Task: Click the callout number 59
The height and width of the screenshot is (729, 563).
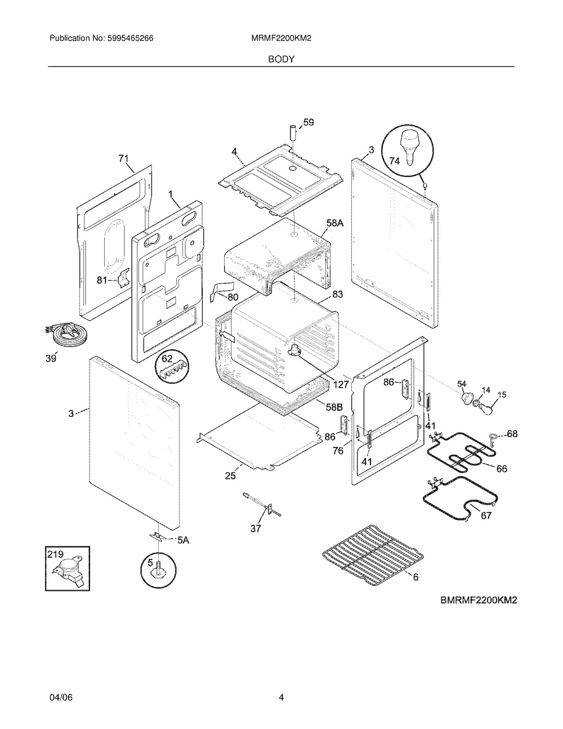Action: point(308,122)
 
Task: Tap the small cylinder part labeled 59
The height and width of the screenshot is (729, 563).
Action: point(293,136)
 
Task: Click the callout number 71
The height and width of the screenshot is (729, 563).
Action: point(123,159)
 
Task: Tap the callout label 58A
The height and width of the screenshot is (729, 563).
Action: point(334,224)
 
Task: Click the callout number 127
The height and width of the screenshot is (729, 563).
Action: point(341,384)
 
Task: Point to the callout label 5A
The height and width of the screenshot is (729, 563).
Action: point(183,540)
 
